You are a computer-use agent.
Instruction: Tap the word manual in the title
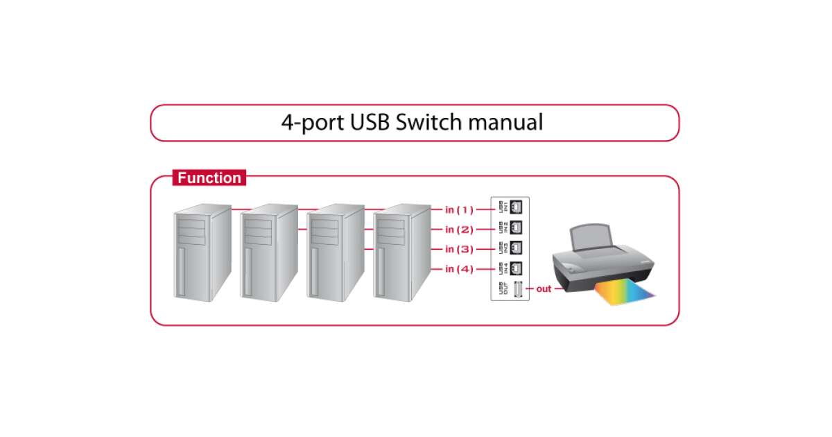[505, 123]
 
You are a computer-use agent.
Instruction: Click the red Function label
[209, 178]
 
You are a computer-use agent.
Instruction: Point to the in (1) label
[459, 209]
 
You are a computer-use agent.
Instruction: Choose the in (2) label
[459, 230]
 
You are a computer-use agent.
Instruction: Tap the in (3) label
[459, 249]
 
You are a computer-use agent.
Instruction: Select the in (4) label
[459, 269]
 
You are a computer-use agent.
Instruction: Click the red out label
[544, 289]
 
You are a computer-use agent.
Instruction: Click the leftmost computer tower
[201, 253]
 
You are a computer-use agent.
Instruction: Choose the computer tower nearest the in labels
[401, 253]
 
